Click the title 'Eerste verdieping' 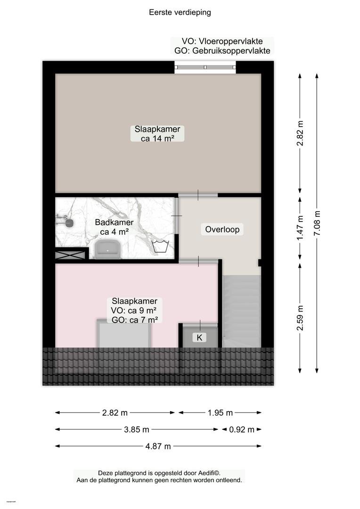point(180,12)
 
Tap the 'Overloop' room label point(222,230)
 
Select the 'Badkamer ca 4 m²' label point(114,227)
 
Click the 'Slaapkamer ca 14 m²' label point(157,134)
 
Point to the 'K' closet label point(199,337)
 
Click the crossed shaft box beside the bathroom point(70,254)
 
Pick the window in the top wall point(205,67)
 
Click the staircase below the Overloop point(242,311)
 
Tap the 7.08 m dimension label point(317,223)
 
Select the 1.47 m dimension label point(300,228)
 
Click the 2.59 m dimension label point(300,318)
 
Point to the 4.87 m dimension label point(158,446)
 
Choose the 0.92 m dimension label point(242,430)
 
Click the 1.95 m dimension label point(220,413)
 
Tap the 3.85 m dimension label point(137,430)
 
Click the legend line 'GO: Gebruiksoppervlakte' point(222,50)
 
